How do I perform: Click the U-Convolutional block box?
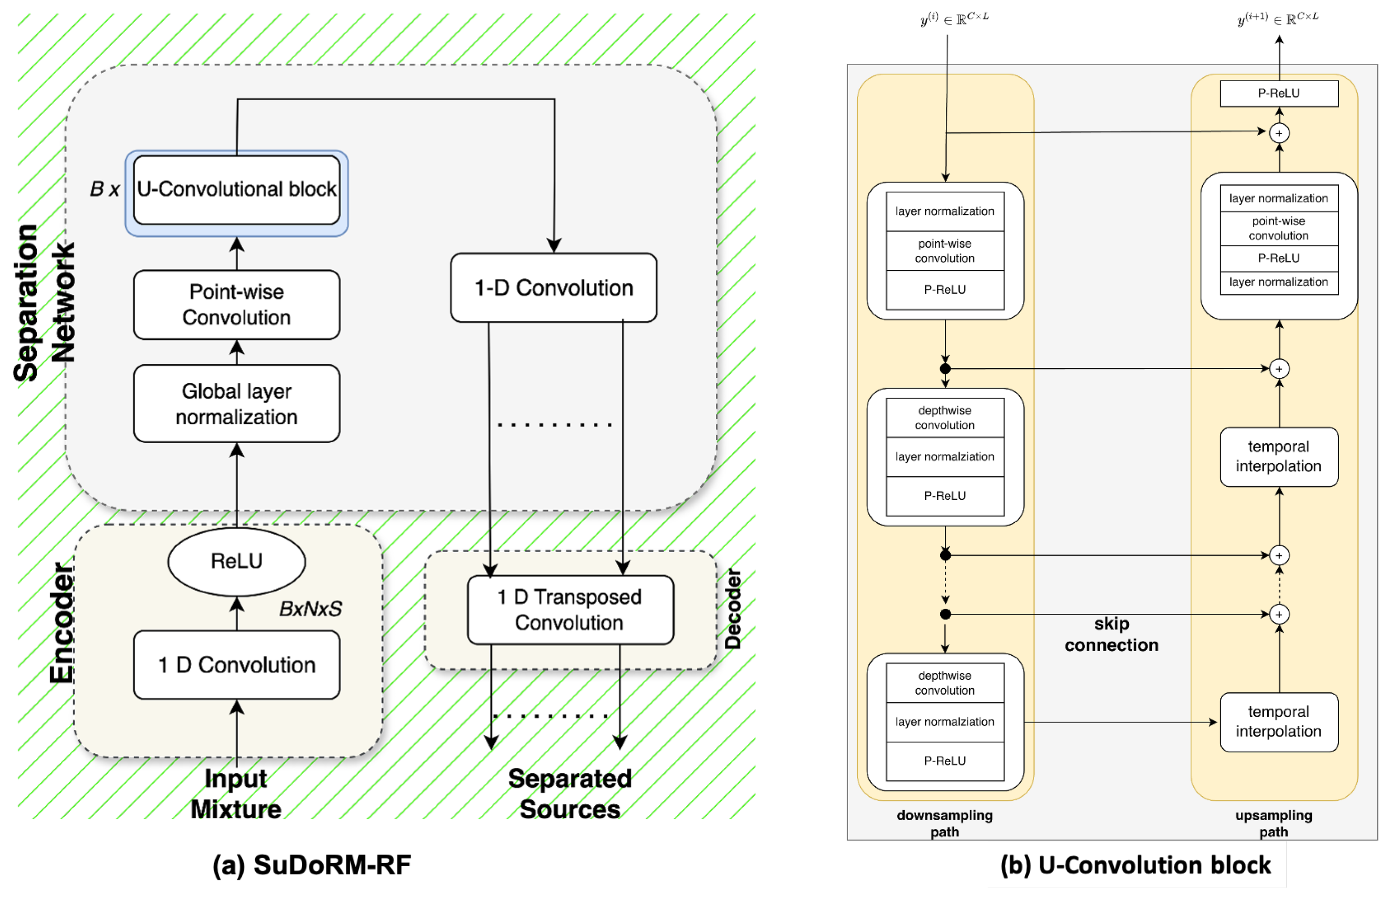[x=236, y=189]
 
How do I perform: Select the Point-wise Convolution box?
[x=236, y=305]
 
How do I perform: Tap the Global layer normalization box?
[x=236, y=403]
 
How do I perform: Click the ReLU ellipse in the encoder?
[x=236, y=561]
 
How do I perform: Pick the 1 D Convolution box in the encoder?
[x=236, y=665]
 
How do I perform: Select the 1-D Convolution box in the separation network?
[x=554, y=287]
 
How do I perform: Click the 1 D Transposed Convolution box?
[x=570, y=610]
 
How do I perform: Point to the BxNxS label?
[x=310, y=609]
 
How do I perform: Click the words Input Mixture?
[x=236, y=793]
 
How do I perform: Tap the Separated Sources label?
[x=570, y=793]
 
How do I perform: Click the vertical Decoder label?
[x=733, y=609]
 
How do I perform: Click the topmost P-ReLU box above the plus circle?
[x=1279, y=93]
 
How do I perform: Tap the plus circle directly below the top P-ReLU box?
[x=1279, y=133]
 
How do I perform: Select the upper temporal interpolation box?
[x=1279, y=456]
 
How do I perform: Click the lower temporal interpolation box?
[x=1279, y=722]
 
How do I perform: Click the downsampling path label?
[x=944, y=823]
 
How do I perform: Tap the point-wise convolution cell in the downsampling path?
[x=944, y=251]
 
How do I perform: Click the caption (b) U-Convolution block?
[x=1136, y=865]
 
